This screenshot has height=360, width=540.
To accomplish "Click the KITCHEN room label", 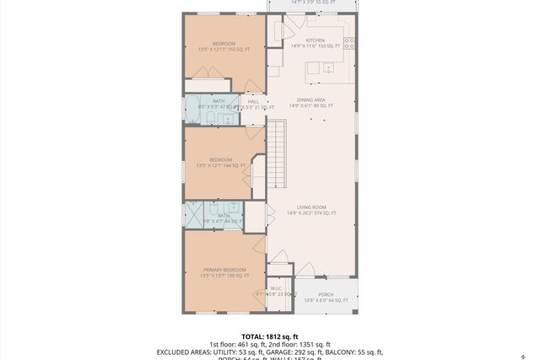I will (316, 40).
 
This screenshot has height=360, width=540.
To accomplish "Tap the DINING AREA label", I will (310, 99).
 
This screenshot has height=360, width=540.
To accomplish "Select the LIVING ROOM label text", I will (310, 207).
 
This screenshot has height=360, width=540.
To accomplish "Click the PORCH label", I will (326, 294).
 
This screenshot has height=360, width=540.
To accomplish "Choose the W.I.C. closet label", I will (275, 288).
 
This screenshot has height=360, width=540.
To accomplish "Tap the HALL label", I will (253, 101).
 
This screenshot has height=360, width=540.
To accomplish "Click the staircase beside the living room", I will (278, 154).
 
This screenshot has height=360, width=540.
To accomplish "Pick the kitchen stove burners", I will (349, 42).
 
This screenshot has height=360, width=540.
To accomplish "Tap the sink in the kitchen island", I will (330, 67).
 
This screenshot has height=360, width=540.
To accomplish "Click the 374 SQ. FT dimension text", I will (325, 213).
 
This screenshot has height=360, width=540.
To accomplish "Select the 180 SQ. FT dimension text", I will (239, 276).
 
